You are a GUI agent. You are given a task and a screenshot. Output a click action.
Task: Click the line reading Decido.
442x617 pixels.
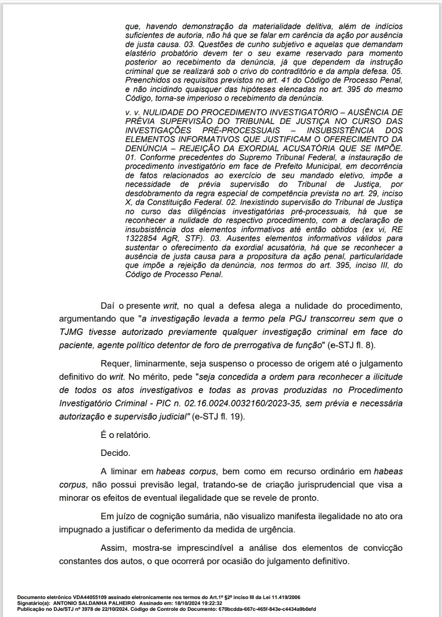coord(115,453)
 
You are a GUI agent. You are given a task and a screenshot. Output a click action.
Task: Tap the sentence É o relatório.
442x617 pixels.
coord(125,435)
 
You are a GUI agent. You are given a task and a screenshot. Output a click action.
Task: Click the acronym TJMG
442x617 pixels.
coord(72,332)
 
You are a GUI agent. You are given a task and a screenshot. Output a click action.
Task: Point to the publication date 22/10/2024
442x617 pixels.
coord(119,608)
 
